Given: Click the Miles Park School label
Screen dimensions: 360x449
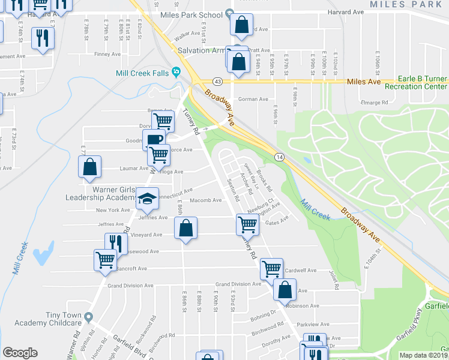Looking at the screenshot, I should tap(194, 13).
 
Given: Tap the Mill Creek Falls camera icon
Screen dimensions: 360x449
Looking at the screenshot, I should tap(176, 73).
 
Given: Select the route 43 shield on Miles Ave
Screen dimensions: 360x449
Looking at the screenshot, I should tap(217, 81).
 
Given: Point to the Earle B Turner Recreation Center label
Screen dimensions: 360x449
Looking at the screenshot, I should tap(423, 83).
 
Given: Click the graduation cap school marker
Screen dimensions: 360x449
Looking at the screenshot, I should tap(148, 197).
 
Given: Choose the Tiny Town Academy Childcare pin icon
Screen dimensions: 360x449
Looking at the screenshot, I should tap(89, 316).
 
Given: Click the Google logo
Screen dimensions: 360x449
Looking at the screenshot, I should tap(20, 353).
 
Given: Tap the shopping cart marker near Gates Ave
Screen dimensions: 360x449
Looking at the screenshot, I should tap(247, 224).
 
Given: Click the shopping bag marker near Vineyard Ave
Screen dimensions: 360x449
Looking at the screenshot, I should tap(185, 228).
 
